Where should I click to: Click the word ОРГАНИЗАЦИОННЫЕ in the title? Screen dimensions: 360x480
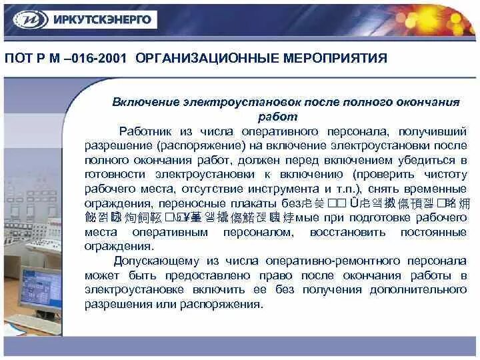pos(199,58)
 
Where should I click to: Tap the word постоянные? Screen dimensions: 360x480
pos(433,232)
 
